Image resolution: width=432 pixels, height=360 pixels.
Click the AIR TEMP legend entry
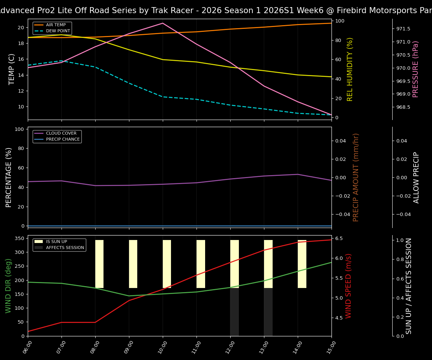(55, 25)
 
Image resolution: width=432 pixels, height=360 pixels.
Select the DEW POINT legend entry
(58, 31)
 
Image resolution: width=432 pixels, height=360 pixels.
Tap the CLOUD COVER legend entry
(61, 133)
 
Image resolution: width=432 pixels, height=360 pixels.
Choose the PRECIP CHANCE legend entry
(63, 139)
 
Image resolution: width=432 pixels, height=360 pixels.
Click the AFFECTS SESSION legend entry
(65, 247)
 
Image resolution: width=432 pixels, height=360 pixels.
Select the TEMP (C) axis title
(12, 69)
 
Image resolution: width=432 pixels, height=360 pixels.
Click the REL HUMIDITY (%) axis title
(350, 69)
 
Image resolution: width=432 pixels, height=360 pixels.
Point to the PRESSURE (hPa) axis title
(415, 69)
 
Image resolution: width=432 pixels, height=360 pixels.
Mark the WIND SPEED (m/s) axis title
(348, 286)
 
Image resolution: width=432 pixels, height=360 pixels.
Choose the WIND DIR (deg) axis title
(8, 286)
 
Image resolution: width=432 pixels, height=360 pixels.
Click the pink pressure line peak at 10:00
(163, 23)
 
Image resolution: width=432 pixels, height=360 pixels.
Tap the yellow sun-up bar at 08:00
(99, 264)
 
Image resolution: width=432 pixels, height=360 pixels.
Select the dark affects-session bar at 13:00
(268, 312)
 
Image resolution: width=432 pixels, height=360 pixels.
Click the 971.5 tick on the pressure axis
(403, 29)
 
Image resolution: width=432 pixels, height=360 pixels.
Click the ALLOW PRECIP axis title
(416, 177)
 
